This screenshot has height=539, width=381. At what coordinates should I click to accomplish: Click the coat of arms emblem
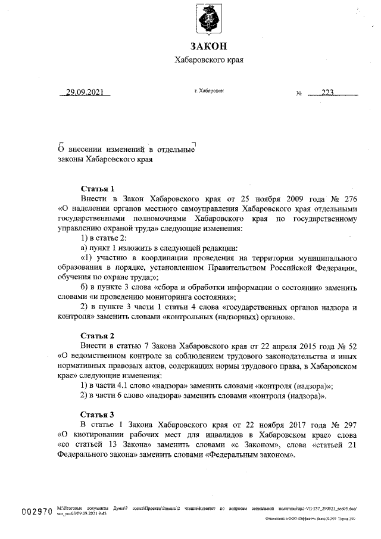click(x=208, y=19)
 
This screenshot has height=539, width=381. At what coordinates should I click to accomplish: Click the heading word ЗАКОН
click(x=208, y=46)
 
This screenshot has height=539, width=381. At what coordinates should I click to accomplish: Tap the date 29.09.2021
click(x=85, y=92)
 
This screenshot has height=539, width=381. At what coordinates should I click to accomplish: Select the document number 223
click(x=329, y=92)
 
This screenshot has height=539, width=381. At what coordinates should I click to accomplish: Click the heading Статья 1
click(x=97, y=188)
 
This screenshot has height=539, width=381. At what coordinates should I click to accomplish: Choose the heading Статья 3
click(x=97, y=415)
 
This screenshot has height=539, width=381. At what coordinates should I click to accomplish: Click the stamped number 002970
click(x=37, y=512)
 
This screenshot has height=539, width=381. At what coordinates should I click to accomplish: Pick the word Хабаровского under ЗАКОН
click(x=199, y=60)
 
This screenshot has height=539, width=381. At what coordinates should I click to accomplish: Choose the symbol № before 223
click(x=299, y=94)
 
